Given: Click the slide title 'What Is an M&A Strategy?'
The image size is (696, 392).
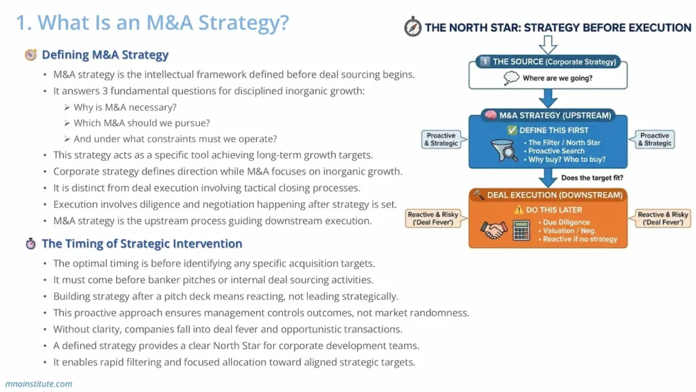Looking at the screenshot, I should click(152, 22).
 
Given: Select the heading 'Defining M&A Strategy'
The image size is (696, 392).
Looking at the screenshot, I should click(105, 54).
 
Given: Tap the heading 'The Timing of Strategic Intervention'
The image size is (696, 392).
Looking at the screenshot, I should click(141, 244).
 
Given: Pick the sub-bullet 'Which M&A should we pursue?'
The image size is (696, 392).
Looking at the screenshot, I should click(141, 122).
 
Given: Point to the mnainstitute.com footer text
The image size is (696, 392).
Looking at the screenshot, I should click(39, 384).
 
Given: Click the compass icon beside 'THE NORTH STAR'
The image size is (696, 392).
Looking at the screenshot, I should click(413, 27).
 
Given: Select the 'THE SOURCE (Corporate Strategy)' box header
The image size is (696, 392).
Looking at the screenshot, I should click(548, 62).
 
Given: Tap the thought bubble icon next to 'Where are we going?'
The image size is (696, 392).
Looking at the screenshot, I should click(511, 78).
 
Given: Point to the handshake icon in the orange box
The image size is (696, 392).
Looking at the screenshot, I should click(494, 231).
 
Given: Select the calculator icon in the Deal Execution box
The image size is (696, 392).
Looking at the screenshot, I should click(521, 231).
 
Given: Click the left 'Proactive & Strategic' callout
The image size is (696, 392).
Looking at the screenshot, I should click(441, 140).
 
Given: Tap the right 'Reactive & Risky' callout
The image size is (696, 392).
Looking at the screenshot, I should click(663, 218).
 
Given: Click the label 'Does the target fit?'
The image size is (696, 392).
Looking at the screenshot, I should click(591, 178).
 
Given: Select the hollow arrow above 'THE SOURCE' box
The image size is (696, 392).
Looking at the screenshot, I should click(548, 44).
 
